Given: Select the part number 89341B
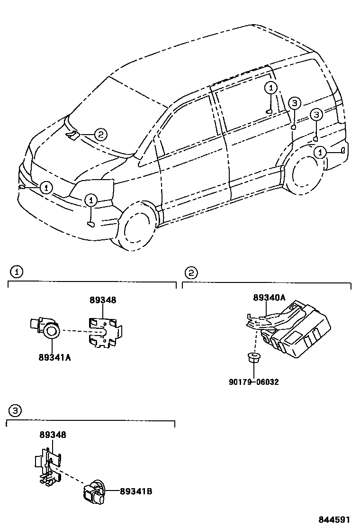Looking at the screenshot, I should (136, 491).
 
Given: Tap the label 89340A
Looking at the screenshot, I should (269, 297).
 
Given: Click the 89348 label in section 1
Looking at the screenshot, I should (103, 300).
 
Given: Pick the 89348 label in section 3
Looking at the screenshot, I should (53, 434).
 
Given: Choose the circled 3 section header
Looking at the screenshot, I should (15, 411).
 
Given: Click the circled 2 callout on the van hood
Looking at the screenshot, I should (100, 135).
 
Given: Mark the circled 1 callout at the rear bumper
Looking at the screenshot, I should (321, 152).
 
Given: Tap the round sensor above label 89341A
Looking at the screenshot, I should (51, 332).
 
